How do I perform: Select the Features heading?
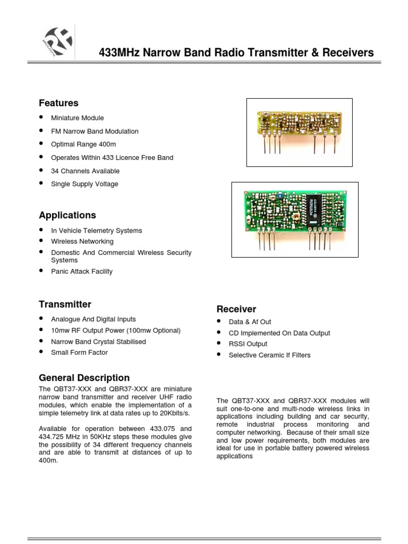(58, 103)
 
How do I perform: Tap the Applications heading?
(67, 215)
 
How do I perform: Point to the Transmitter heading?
(65, 304)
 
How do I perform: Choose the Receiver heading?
(236, 309)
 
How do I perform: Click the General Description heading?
(84, 378)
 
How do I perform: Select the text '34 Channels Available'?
(85, 171)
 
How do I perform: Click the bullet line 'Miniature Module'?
(78, 118)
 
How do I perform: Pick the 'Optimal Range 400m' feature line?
(83, 144)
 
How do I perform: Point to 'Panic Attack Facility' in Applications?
(82, 271)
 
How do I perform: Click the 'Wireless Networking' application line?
(82, 241)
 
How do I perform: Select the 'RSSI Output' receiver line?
(248, 344)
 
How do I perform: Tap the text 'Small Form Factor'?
(79, 352)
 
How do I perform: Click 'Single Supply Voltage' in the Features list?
(84, 184)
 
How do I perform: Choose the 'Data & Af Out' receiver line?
(250, 322)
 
